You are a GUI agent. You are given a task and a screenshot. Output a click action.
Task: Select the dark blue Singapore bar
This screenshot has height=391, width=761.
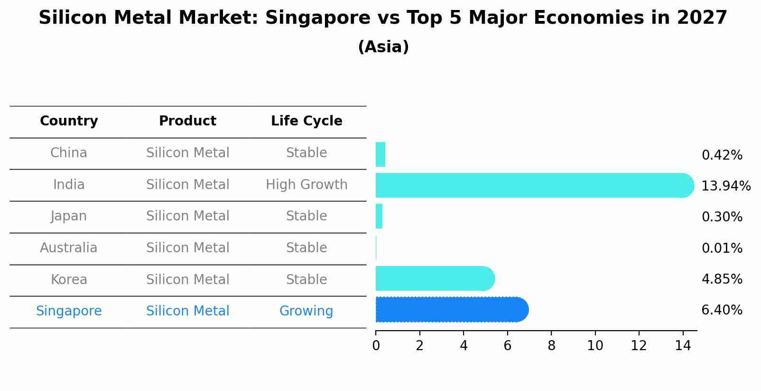click(x=451, y=310)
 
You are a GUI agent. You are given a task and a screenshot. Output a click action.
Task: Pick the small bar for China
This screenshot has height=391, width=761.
click(x=380, y=154)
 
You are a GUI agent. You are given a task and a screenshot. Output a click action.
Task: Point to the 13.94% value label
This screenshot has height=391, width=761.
click(x=725, y=186)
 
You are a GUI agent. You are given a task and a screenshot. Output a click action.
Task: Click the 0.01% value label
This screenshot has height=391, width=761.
click(x=722, y=248)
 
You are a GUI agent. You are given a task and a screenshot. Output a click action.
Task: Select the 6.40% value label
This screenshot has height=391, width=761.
click(x=722, y=310)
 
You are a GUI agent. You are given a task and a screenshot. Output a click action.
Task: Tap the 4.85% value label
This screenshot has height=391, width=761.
click(x=722, y=279)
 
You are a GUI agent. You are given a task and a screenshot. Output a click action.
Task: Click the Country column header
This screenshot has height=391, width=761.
click(x=69, y=121)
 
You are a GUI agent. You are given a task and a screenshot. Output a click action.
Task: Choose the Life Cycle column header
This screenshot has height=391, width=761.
click(x=306, y=121)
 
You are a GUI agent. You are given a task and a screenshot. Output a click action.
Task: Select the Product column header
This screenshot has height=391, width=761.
click(x=187, y=121)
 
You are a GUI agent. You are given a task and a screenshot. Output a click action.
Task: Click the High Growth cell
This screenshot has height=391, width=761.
click(x=306, y=185)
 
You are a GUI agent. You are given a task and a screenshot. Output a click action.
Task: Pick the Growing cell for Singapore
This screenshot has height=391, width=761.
click(x=306, y=311)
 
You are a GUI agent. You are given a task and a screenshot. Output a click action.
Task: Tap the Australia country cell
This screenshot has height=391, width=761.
click(x=69, y=248)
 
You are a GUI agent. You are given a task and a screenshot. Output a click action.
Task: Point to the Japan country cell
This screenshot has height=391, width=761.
click(x=69, y=216)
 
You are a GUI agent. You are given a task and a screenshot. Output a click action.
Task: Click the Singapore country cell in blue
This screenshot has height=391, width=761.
click(x=69, y=311)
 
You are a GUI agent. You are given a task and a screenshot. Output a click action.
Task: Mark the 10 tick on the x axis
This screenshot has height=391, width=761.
click(x=595, y=346)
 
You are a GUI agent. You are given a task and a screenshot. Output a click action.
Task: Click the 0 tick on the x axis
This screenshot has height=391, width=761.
click(x=376, y=346)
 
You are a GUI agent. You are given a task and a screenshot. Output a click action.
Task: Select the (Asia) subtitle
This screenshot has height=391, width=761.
click(x=383, y=47)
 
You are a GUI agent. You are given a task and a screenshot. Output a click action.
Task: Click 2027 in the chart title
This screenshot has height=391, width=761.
click(x=702, y=18)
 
